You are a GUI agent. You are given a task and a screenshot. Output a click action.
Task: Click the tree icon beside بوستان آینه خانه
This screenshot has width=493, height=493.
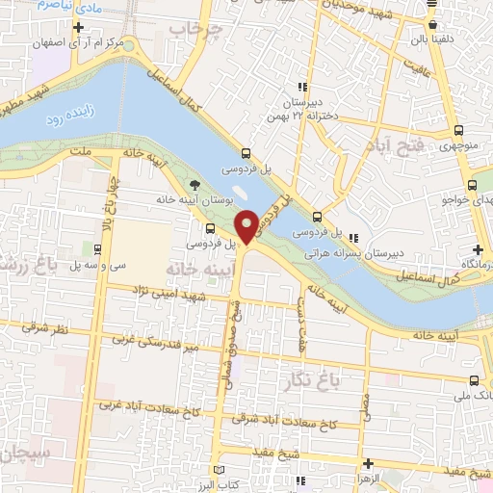(x=195, y=184)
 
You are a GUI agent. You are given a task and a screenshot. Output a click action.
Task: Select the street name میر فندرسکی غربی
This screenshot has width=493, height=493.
(x=154, y=341)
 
